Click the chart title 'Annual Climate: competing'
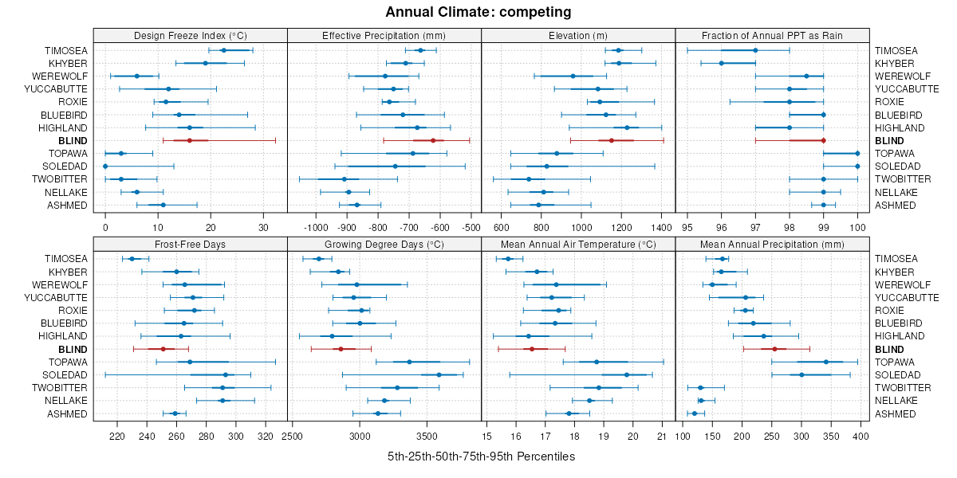pos(478,12)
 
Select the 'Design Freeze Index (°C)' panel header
pos(190,35)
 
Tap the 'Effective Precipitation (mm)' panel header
pos(384,35)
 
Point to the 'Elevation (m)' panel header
pos(578,35)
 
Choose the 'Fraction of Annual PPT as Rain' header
pos(772,35)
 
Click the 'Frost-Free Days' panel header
pos(190,243)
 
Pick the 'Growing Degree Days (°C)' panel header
pos(384,243)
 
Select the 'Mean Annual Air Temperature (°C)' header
pos(578,243)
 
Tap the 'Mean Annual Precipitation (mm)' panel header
pos(772,243)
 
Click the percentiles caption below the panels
pos(481,456)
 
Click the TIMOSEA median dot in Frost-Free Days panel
pos(132,258)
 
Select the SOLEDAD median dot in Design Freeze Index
pos(105,166)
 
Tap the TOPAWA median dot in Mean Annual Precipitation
pos(825,362)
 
